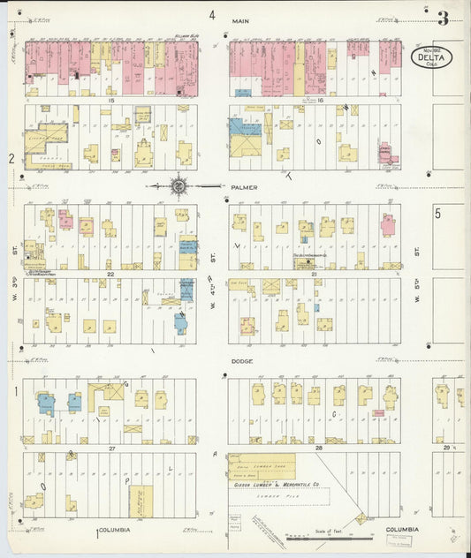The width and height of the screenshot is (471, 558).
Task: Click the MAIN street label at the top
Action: [240, 19]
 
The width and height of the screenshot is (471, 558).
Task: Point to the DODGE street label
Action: [241, 361]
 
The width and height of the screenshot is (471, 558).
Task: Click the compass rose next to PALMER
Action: [179, 186]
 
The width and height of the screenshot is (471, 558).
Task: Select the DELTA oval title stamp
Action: [433, 58]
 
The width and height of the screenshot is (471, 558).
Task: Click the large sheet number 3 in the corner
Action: [442, 18]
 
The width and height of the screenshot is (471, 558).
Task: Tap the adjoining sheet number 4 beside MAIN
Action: [212, 15]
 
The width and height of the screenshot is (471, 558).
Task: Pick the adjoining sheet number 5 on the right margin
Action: [437, 213]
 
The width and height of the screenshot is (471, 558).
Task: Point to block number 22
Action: [111, 275]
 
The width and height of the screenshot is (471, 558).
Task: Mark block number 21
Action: [314, 275]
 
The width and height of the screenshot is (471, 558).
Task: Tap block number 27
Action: [111, 449]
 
